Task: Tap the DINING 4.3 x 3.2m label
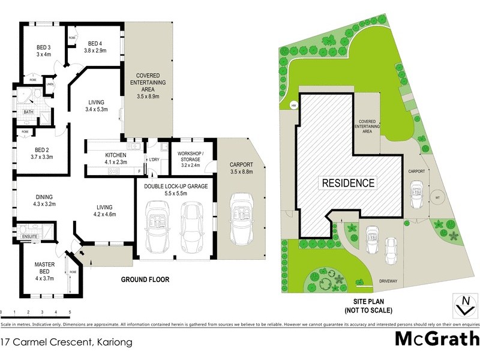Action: (36, 200)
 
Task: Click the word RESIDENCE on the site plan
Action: (349, 183)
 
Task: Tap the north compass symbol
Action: (463, 305)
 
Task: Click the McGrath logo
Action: (437, 338)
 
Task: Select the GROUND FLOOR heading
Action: (145, 280)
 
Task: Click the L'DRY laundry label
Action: (154, 159)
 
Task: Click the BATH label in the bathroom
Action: (28, 112)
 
